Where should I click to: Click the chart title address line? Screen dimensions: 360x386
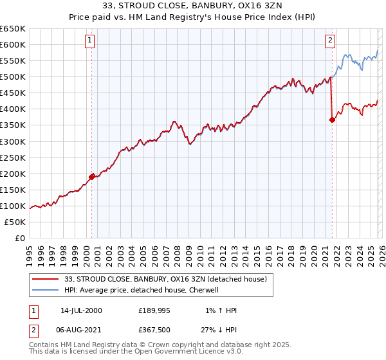point(192,6)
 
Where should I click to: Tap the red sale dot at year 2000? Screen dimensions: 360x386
point(92,176)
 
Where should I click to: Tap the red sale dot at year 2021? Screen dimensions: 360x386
point(332,119)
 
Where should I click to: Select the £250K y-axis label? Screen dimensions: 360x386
point(13,157)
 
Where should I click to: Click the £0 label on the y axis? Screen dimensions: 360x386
point(21,239)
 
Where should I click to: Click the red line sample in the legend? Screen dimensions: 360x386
point(45,279)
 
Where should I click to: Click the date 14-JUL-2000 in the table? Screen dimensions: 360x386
point(82,310)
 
